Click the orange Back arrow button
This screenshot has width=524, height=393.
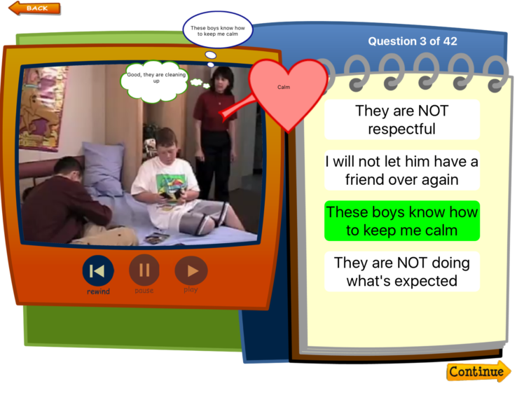click(34, 8)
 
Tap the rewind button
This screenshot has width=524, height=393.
click(98, 270)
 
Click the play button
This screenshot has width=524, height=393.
click(191, 270)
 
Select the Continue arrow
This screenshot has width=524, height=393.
click(478, 371)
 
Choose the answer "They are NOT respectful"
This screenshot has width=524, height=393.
click(402, 120)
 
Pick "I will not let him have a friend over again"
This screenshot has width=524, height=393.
click(402, 170)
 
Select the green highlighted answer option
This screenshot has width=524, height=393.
click(402, 221)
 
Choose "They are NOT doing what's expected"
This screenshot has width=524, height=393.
click(402, 272)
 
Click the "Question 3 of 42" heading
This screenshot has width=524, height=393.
click(413, 41)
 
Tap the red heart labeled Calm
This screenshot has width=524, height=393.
click(287, 90)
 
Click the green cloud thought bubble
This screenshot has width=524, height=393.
click(154, 81)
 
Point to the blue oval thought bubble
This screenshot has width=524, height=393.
click(218, 30)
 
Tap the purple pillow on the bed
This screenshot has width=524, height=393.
click(104, 168)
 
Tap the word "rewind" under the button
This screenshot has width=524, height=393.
click(98, 291)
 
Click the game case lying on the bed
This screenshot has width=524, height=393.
click(157, 237)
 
